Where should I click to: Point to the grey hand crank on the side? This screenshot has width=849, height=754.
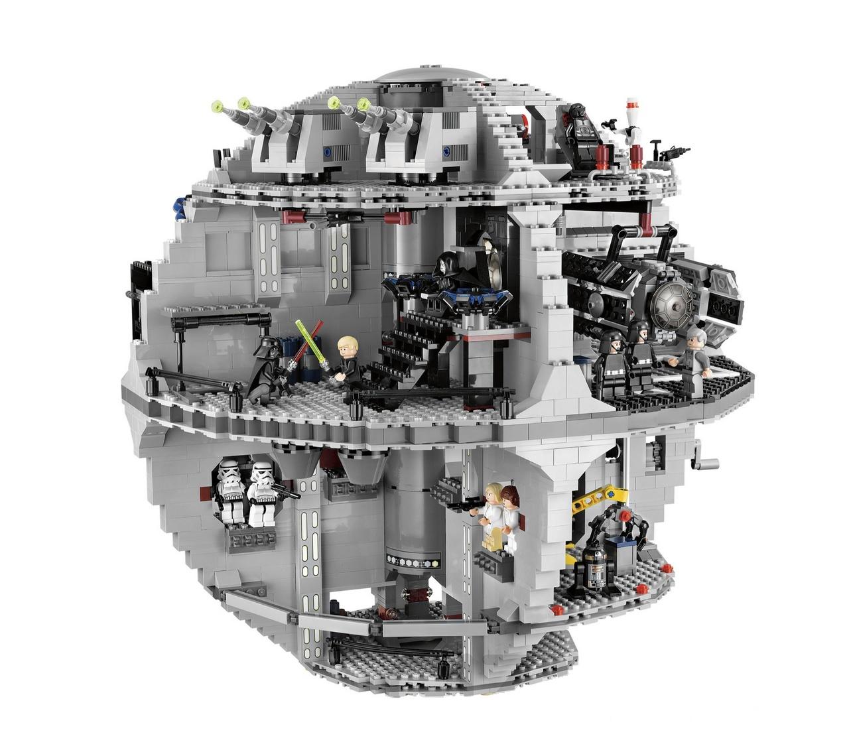(x=703, y=460)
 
